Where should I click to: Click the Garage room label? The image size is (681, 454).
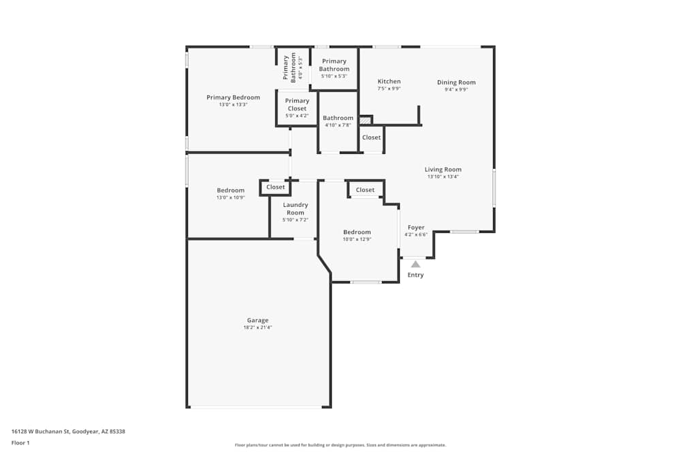click(257, 320)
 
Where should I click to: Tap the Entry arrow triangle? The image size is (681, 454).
click(415, 264)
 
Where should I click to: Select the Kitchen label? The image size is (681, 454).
click(389, 82)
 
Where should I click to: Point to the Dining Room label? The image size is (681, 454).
click(456, 82)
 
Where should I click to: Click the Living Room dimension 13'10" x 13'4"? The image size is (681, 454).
click(443, 177)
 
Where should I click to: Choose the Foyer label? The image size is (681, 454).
click(416, 227)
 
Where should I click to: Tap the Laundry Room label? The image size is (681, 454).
click(296, 208)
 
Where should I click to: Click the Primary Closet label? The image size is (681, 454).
click(297, 104)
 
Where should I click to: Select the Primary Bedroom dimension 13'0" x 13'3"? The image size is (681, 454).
click(233, 105)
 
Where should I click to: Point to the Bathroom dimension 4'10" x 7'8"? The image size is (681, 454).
click(338, 125)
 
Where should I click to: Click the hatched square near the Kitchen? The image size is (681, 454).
click(366, 120)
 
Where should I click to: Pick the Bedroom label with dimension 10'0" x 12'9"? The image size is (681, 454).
click(357, 232)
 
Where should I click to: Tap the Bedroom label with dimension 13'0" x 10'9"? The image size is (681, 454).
click(230, 191)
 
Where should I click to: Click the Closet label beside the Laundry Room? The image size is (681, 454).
click(276, 187)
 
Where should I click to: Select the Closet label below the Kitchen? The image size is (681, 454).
click(371, 137)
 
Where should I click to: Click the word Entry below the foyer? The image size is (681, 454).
click(415, 275)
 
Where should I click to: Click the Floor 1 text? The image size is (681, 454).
click(20, 442)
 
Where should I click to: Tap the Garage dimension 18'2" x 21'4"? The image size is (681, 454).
click(257, 327)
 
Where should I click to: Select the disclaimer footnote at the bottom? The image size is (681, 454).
click(340, 445)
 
